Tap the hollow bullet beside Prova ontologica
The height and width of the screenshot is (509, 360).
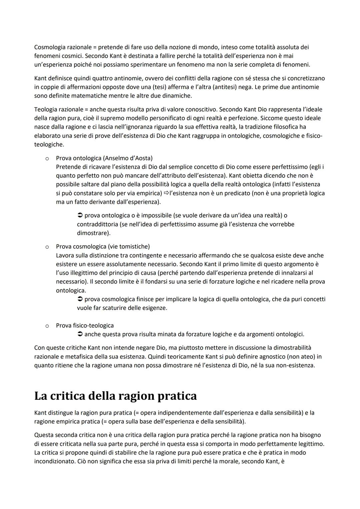tap(47, 158)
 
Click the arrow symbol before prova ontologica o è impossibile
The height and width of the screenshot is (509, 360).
tap(80, 216)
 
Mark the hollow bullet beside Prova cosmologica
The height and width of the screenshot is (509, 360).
tap(47, 247)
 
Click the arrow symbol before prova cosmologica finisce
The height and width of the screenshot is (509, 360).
tap(80, 299)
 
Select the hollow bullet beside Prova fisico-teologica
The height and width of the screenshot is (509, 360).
tap(47, 326)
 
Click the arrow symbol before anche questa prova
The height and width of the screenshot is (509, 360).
tap(80, 334)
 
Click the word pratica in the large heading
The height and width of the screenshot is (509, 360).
tap(177, 396)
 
